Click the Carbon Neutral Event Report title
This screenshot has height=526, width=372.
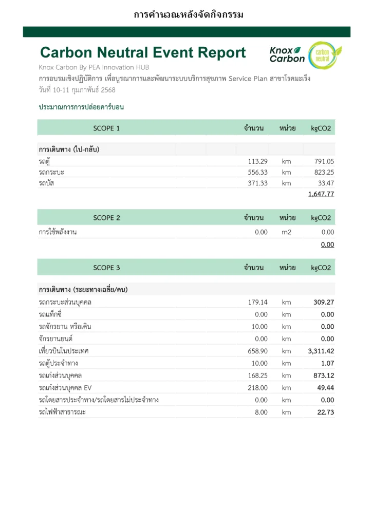pos(143,52)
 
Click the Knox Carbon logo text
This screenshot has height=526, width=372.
pos(287,54)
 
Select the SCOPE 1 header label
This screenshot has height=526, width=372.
pos(106,128)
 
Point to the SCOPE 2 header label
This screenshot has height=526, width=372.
pos(106,218)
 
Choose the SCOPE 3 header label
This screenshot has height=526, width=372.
pos(106,268)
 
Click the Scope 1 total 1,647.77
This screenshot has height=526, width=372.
pos(321,194)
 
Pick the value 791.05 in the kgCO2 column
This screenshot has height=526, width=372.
pos(324,161)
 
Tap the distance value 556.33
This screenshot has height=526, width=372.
pos(257,172)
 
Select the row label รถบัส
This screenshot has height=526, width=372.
pos(46,183)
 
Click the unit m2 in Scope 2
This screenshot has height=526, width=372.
pos(286,232)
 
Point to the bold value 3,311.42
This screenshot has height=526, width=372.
pos(321,351)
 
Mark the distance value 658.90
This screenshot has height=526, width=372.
pos(257,351)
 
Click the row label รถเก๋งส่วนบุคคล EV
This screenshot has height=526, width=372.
pos(65,388)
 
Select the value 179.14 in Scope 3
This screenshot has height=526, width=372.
pos(257,302)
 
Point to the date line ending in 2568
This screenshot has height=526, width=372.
pos(77,90)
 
